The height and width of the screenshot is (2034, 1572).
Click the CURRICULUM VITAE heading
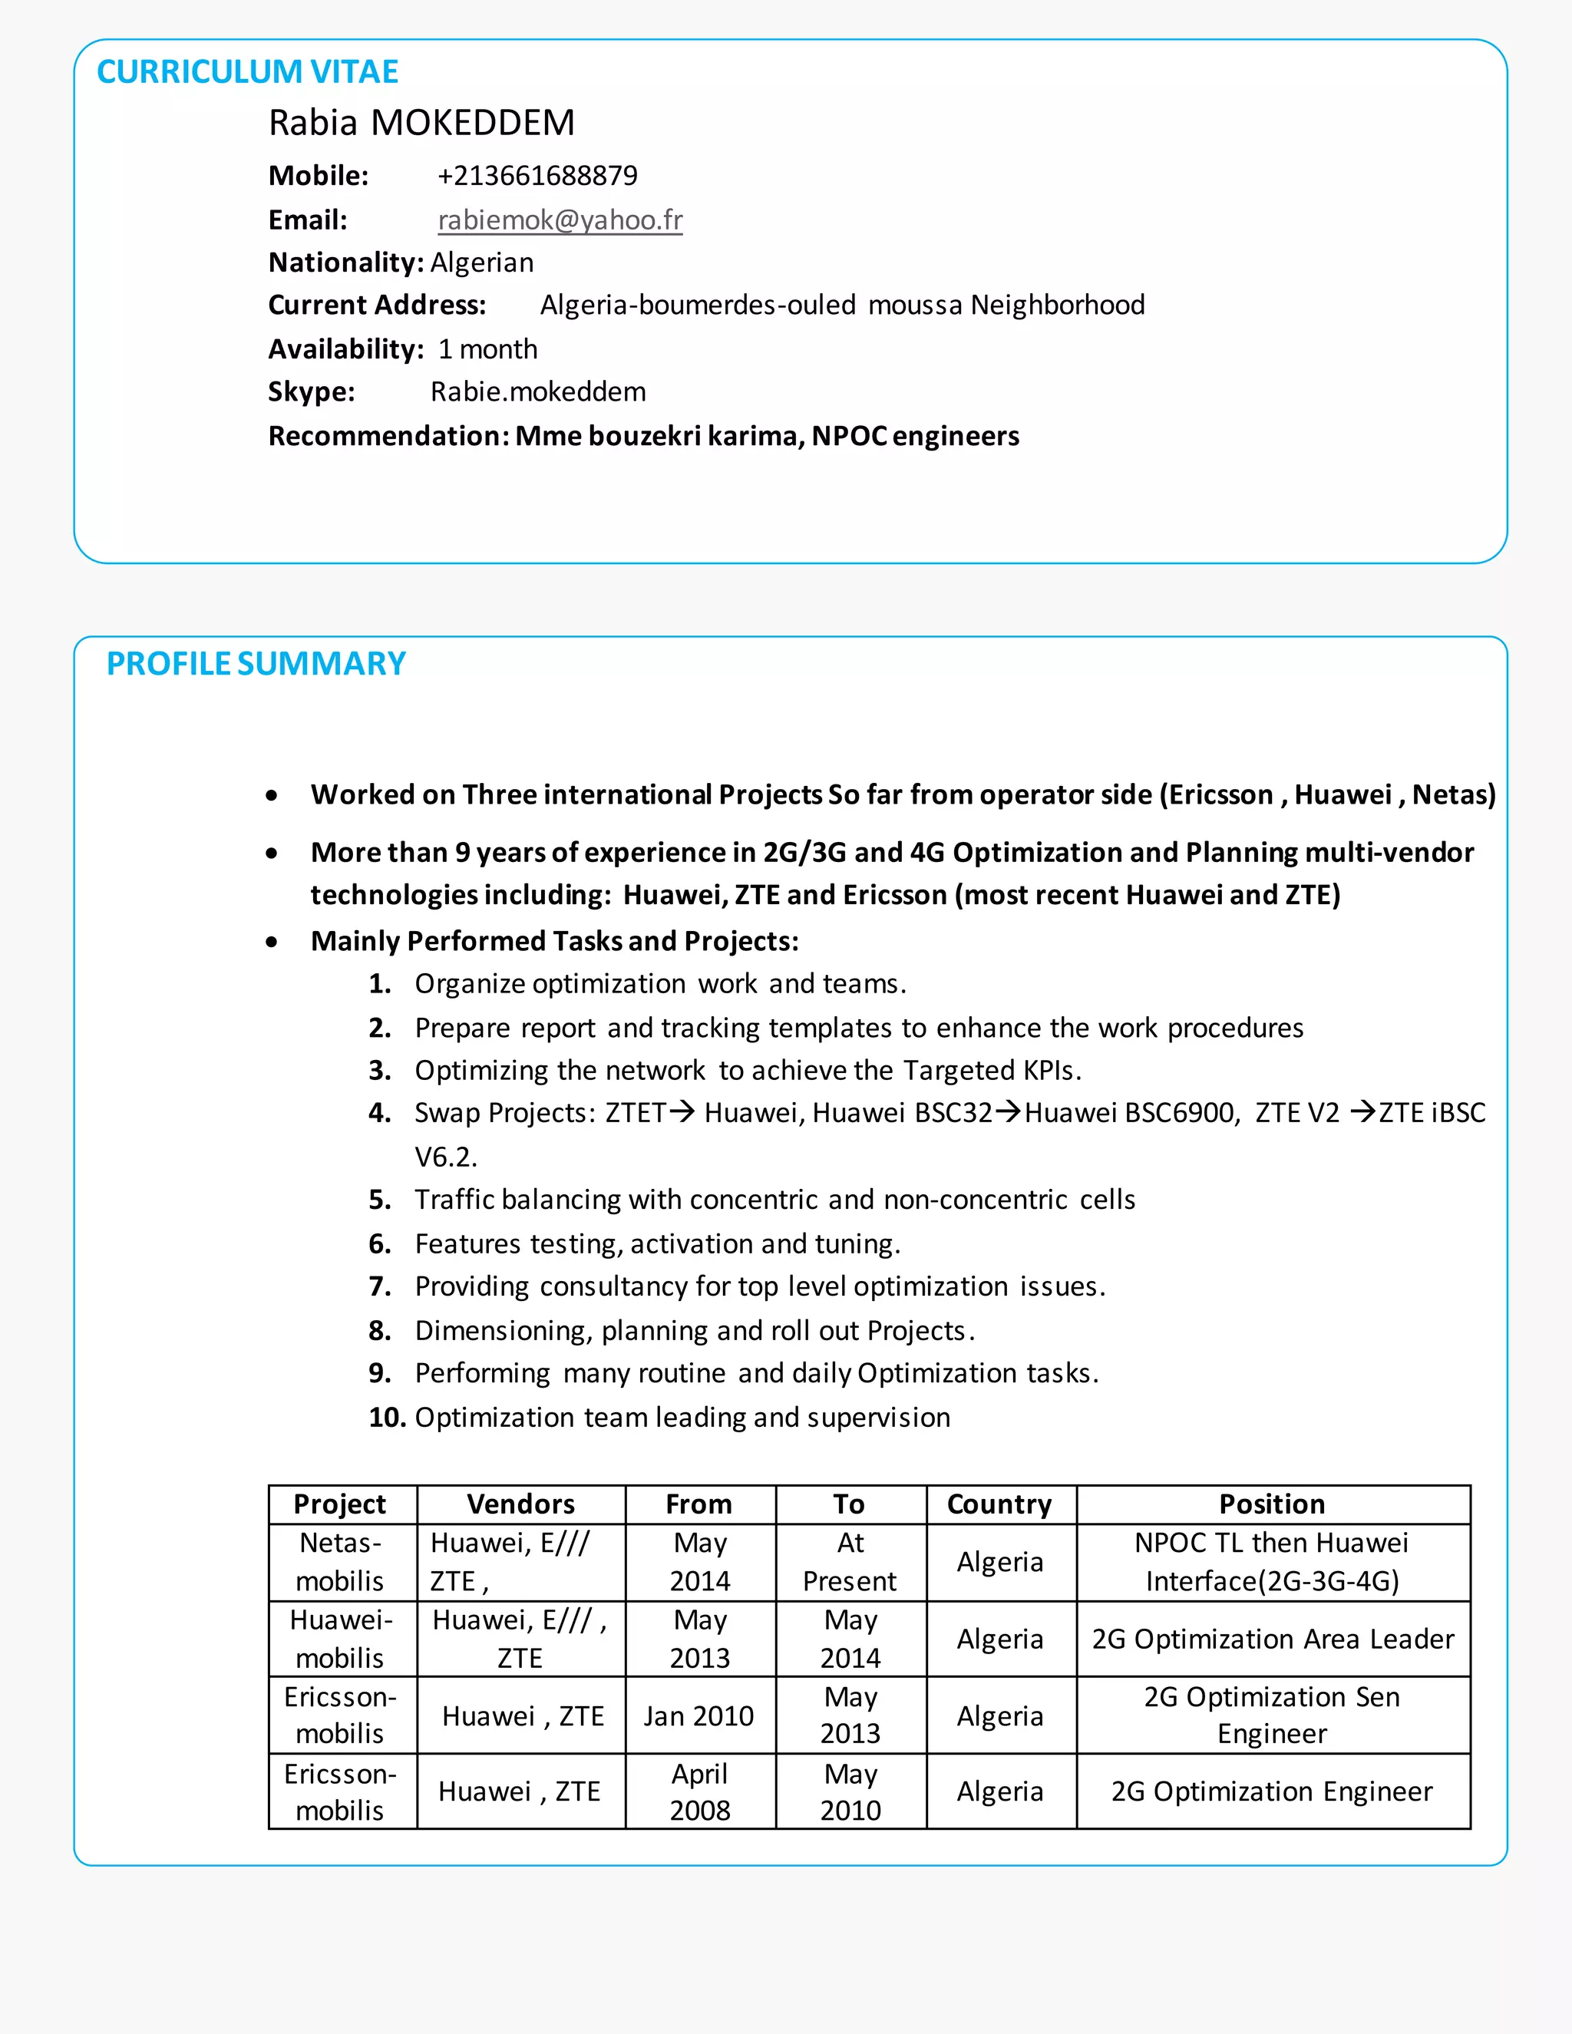click(x=247, y=71)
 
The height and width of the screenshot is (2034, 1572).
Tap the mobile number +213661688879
click(x=537, y=175)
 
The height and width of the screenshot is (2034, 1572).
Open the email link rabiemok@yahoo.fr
click(x=560, y=220)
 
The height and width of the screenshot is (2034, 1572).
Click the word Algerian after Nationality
click(x=481, y=263)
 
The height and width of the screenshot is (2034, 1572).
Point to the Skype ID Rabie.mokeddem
click(x=537, y=391)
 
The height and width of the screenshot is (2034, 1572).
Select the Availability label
click(x=345, y=349)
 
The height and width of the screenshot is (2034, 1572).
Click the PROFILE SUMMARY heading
click(x=256, y=663)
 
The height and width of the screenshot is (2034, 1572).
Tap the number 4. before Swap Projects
click(x=379, y=1113)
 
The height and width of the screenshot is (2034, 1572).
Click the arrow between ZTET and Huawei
click(x=682, y=1112)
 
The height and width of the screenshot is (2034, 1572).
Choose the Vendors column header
click(x=520, y=1504)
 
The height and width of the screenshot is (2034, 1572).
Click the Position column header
click(x=1272, y=1504)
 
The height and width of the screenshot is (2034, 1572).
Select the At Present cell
click(x=850, y=1562)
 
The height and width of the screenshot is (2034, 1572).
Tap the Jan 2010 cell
click(x=698, y=1715)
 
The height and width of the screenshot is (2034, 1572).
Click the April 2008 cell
click(x=699, y=1792)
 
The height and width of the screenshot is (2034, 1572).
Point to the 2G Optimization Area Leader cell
click(x=1272, y=1639)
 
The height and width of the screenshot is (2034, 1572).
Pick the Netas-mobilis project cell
click(x=340, y=1562)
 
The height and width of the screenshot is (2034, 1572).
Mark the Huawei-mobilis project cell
click(x=340, y=1639)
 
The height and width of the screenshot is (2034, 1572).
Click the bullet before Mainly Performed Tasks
click(x=271, y=942)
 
